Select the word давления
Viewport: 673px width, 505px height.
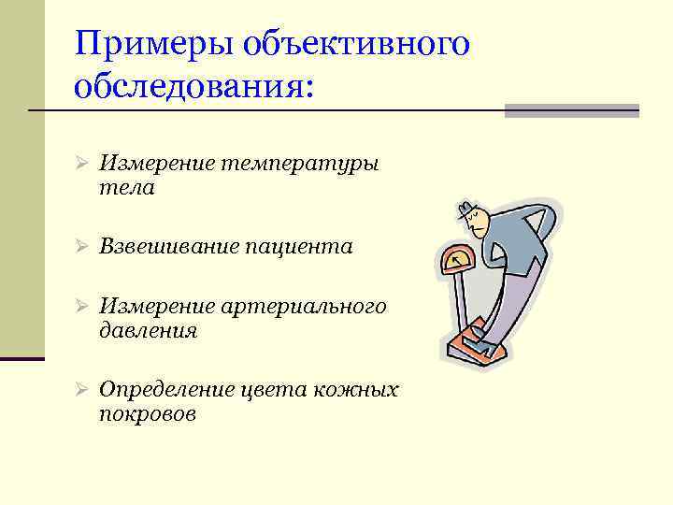(x=148, y=330)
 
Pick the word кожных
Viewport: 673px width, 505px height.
(x=359, y=390)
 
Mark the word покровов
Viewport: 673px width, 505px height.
(x=147, y=413)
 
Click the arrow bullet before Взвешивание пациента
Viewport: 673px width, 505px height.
(x=81, y=247)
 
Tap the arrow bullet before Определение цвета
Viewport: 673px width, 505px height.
(x=81, y=390)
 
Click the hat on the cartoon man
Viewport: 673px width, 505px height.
(x=466, y=208)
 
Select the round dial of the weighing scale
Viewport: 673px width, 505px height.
(x=457, y=260)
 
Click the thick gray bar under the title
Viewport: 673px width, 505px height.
(x=571, y=110)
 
